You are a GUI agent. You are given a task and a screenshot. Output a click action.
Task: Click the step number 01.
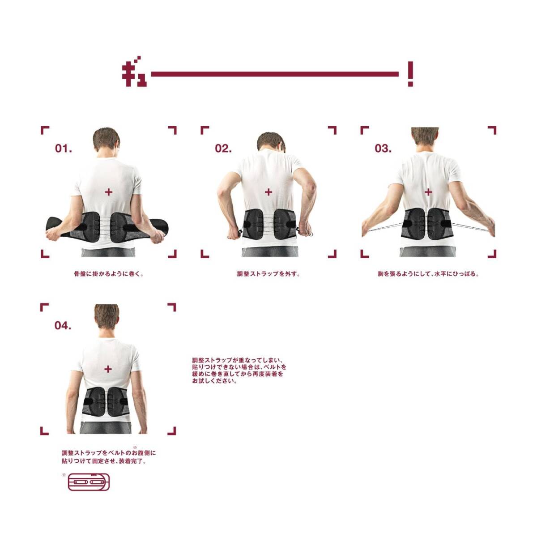click(x=63, y=149)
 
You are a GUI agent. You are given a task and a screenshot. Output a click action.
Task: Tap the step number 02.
click(x=223, y=149)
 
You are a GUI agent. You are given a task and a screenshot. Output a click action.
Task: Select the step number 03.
click(x=383, y=149)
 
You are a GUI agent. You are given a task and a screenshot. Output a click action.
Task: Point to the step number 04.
click(x=63, y=325)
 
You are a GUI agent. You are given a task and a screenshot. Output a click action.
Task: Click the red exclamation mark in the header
click(x=410, y=74)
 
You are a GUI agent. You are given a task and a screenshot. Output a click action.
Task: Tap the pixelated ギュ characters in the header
click(x=134, y=72)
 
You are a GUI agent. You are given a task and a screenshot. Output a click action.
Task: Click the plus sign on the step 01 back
click(x=109, y=192)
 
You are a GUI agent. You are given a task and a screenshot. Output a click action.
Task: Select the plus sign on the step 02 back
click(x=268, y=192)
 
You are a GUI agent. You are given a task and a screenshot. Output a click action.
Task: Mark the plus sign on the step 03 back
click(x=428, y=192)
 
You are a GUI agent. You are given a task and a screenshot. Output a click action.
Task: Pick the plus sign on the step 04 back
click(x=108, y=369)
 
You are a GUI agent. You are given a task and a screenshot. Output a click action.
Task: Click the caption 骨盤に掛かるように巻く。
click(x=109, y=274)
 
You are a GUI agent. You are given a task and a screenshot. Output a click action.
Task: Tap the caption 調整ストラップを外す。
click(x=268, y=274)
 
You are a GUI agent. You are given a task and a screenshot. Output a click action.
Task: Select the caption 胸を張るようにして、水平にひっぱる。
click(x=428, y=274)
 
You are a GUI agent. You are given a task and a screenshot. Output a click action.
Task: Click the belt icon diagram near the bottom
click(x=89, y=482)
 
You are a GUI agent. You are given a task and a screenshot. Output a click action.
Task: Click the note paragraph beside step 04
click(x=239, y=371)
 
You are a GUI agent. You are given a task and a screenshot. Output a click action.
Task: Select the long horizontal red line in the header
click(x=275, y=74)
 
